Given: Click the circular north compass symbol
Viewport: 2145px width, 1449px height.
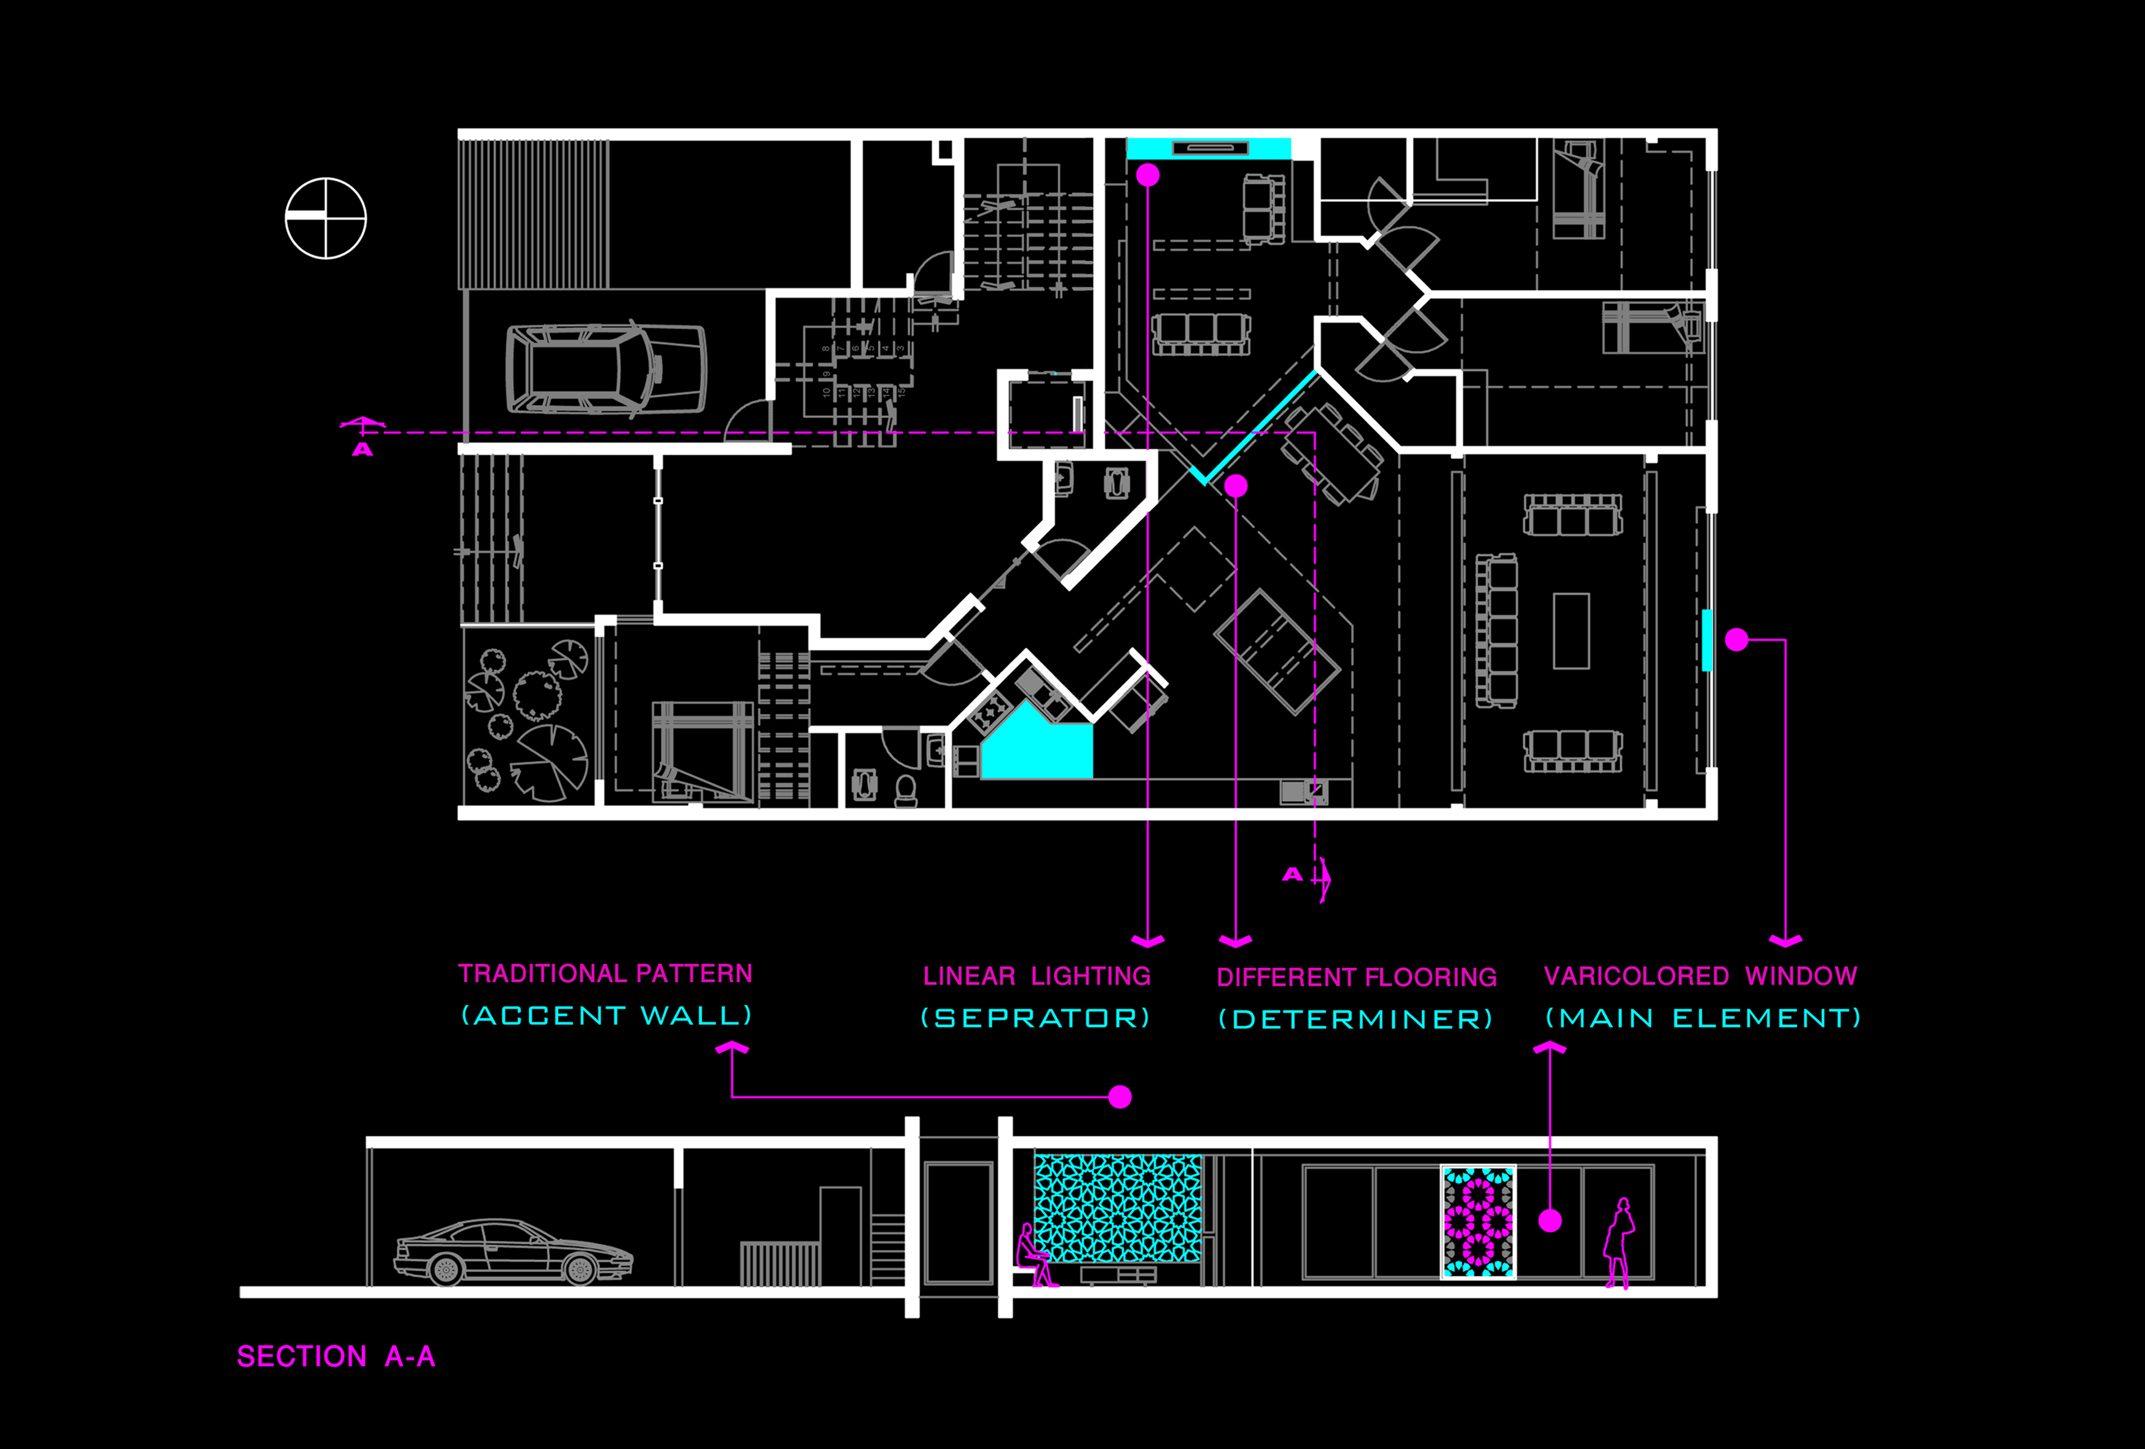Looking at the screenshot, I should (x=326, y=219).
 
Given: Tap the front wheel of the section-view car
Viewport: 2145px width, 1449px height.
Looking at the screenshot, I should (x=580, y=1271).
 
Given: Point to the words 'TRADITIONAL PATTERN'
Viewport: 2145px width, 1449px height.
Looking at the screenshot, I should (x=605, y=974).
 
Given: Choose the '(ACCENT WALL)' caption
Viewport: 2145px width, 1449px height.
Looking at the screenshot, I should (x=607, y=1015).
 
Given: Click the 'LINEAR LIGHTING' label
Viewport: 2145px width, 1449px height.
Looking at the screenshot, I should (x=1036, y=976).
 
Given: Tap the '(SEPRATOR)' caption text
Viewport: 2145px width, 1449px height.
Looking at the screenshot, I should (x=1036, y=1018).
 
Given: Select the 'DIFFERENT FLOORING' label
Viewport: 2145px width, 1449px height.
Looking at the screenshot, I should (x=1356, y=977).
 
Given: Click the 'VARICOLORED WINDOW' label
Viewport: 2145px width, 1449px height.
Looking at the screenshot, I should (x=1700, y=976).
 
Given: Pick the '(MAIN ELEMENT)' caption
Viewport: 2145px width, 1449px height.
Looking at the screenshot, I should (x=1703, y=1018).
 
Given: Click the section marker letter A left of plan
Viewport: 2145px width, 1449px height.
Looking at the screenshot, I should (x=363, y=450).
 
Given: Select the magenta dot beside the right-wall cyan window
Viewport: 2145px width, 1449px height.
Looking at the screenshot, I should (x=1736, y=640).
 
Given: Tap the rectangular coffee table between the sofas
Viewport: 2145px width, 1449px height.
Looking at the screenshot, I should (x=1571, y=631).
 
